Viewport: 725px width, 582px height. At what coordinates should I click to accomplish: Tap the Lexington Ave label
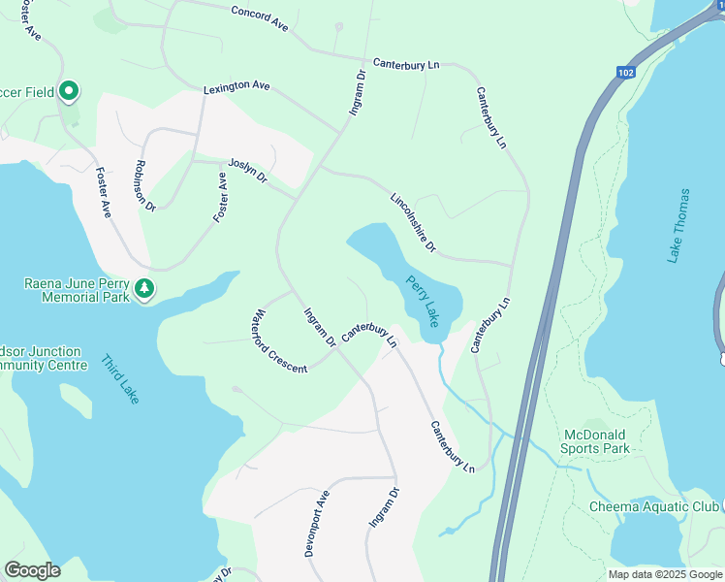[x=236, y=87]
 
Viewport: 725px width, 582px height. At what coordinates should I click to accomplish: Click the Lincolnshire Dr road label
[x=414, y=223]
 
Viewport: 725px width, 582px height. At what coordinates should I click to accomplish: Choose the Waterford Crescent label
[x=278, y=341]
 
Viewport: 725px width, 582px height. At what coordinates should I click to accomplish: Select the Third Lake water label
[x=120, y=379]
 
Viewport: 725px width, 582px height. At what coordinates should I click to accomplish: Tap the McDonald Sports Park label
[x=595, y=441]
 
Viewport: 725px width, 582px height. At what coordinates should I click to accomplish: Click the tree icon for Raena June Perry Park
[x=144, y=288]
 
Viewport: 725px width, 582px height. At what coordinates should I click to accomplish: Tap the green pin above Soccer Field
[x=69, y=92]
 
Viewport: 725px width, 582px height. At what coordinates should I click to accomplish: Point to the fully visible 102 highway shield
[x=626, y=72]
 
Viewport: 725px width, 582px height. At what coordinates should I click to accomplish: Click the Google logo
[x=32, y=570]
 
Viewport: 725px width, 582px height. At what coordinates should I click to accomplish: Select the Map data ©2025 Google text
[x=665, y=574]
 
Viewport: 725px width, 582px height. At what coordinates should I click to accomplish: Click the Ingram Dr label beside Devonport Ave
[x=383, y=507]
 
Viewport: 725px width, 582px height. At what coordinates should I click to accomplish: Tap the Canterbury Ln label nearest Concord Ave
[x=406, y=63]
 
